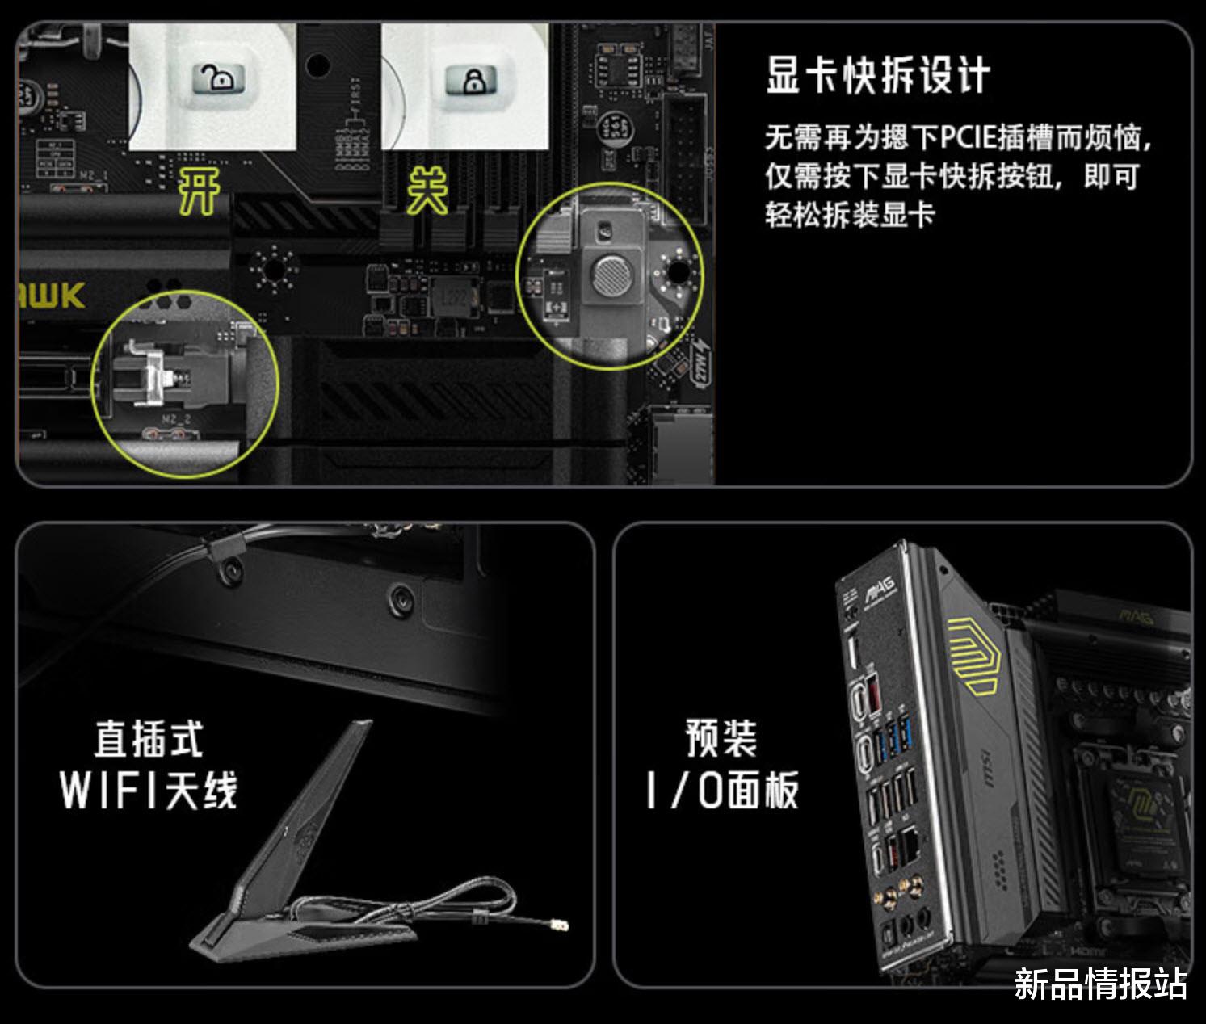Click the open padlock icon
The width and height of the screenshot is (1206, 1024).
[x=218, y=80]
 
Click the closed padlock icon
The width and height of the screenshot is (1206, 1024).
[x=470, y=81]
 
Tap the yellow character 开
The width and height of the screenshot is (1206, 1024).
[x=199, y=191]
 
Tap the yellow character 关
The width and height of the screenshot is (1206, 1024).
[x=427, y=191]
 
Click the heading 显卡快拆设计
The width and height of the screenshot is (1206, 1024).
[x=877, y=75]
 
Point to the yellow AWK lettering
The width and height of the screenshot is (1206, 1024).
[x=52, y=296]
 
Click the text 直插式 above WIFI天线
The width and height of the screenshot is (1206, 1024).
[x=149, y=739]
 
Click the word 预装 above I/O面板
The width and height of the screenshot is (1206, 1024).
[x=721, y=738]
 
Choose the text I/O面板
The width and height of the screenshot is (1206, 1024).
[x=721, y=790]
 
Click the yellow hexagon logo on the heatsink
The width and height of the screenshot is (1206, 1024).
[x=973, y=655]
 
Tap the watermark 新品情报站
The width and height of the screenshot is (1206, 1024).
[x=1101, y=984]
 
